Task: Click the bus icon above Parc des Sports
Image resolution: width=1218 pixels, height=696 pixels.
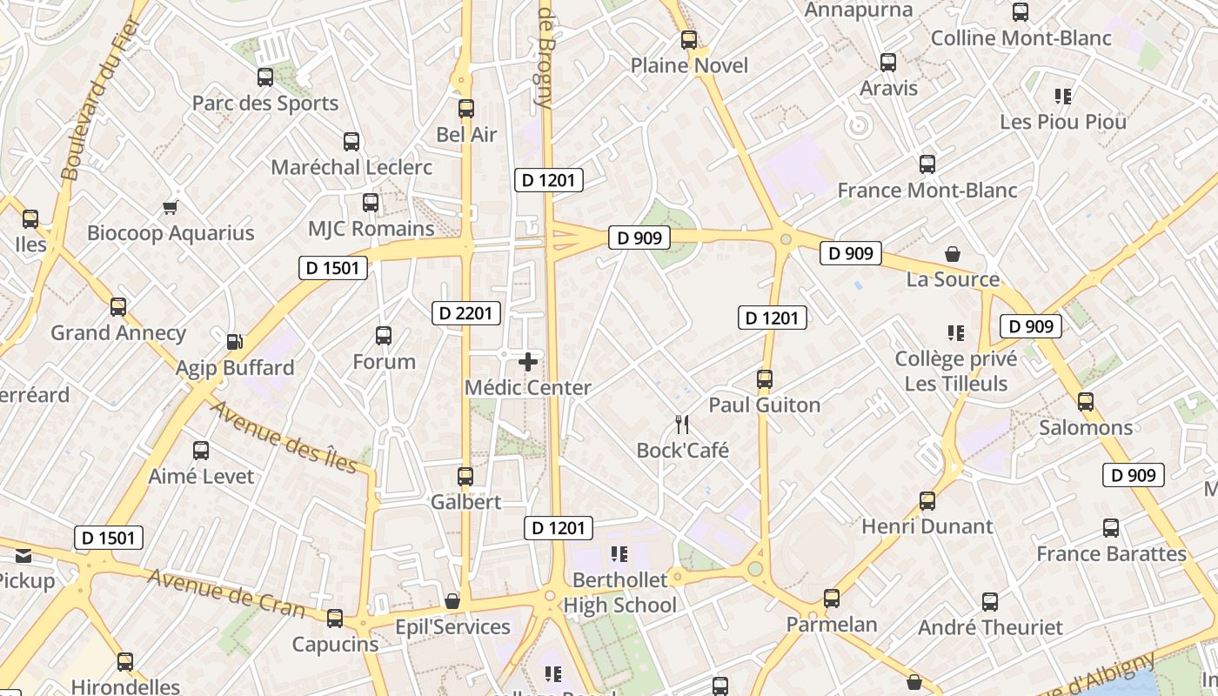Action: [x=265, y=77]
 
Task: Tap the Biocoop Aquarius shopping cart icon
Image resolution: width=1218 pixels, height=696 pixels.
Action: [x=171, y=207]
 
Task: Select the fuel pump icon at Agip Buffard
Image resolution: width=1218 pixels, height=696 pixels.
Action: [x=234, y=342]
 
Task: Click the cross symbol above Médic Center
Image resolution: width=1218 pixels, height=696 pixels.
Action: [x=528, y=362]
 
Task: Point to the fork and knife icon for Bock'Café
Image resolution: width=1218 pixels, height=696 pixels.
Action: [x=682, y=425]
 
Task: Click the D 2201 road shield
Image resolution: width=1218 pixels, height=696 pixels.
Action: [x=466, y=313]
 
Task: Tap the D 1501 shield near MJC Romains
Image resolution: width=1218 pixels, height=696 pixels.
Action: [x=332, y=268]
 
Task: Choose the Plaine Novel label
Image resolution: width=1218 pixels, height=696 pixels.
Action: [x=689, y=65]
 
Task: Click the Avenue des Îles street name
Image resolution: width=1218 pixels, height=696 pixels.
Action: [x=284, y=437]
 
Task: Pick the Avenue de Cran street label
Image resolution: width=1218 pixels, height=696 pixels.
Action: [x=225, y=593]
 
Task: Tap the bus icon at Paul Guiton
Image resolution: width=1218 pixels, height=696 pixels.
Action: [x=765, y=379]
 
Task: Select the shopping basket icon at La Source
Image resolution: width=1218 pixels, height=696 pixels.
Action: [x=953, y=254]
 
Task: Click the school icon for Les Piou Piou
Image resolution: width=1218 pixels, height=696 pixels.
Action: [x=1062, y=96]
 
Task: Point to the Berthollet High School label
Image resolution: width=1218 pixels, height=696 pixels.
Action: [x=619, y=592]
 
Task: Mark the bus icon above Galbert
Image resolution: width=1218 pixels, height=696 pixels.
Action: [x=465, y=477]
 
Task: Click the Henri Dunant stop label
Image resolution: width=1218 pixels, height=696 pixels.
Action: [x=927, y=526]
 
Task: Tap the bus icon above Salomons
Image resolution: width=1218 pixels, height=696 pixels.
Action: [x=1086, y=402]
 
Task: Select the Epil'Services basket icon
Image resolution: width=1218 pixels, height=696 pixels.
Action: [x=452, y=601]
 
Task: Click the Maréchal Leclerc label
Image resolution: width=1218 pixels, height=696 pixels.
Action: [x=351, y=166]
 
